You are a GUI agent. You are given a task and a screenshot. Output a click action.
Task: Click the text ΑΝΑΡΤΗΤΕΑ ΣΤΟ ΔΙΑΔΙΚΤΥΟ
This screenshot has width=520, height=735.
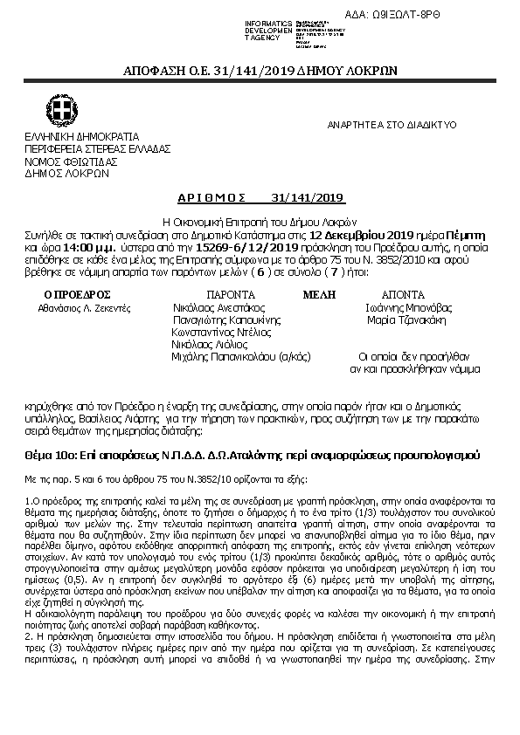[x=392, y=125]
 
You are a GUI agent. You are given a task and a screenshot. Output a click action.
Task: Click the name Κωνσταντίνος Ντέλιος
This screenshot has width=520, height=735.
[x=221, y=333]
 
